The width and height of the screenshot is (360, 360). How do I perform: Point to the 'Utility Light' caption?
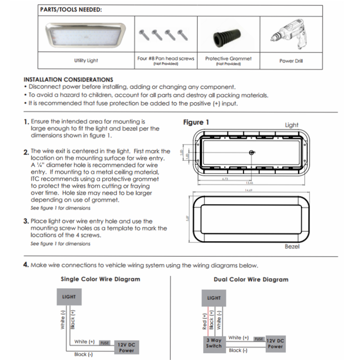85,60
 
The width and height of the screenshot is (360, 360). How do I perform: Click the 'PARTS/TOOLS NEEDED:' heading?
71,9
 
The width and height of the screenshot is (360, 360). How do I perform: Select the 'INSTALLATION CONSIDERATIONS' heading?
68,79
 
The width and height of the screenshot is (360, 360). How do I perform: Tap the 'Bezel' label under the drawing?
292,247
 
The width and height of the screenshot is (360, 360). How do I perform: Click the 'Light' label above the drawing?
292,125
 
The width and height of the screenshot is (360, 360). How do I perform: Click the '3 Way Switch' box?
214,343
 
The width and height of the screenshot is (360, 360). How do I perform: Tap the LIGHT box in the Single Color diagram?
69,297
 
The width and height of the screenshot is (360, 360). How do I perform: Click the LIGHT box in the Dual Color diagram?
214,298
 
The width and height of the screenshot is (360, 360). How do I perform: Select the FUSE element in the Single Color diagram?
104,343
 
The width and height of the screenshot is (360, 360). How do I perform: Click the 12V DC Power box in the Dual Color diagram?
275,344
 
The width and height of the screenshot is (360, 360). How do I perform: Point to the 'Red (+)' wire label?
205,322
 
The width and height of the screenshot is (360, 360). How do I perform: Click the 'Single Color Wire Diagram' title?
100,279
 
